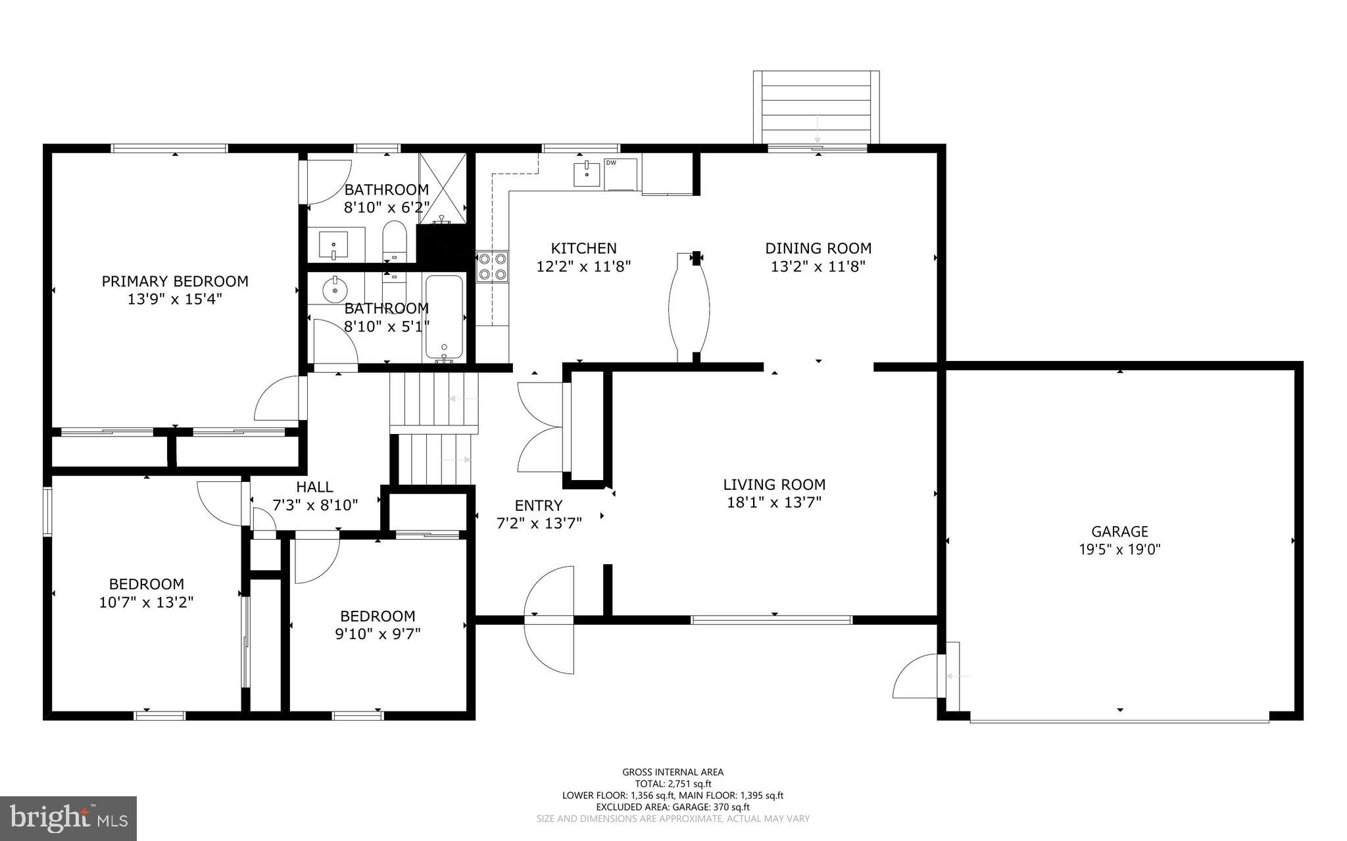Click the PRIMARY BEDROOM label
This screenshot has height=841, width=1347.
[175, 281]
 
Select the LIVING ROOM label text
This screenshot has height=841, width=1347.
[774, 485]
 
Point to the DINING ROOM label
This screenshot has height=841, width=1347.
[818, 249]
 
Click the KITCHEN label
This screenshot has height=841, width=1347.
[583, 249]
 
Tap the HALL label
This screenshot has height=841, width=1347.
[314, 487]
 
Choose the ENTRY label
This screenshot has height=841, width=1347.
[538, 506]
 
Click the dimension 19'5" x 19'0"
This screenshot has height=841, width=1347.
[1119, 550]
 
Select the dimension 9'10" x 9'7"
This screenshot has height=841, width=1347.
[378, 635]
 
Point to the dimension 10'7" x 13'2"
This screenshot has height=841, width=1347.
[146, 602]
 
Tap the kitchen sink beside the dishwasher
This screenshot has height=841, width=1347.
[587, 174]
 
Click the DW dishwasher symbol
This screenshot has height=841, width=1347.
[620, 174]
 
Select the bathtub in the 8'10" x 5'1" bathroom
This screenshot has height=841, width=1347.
[445, 318]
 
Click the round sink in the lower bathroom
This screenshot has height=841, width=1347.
[335, 287]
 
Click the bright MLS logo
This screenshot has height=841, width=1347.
[68, 819]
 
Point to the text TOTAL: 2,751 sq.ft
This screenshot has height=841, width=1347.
[673, 784]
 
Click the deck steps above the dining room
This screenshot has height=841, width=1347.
[816, 107]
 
